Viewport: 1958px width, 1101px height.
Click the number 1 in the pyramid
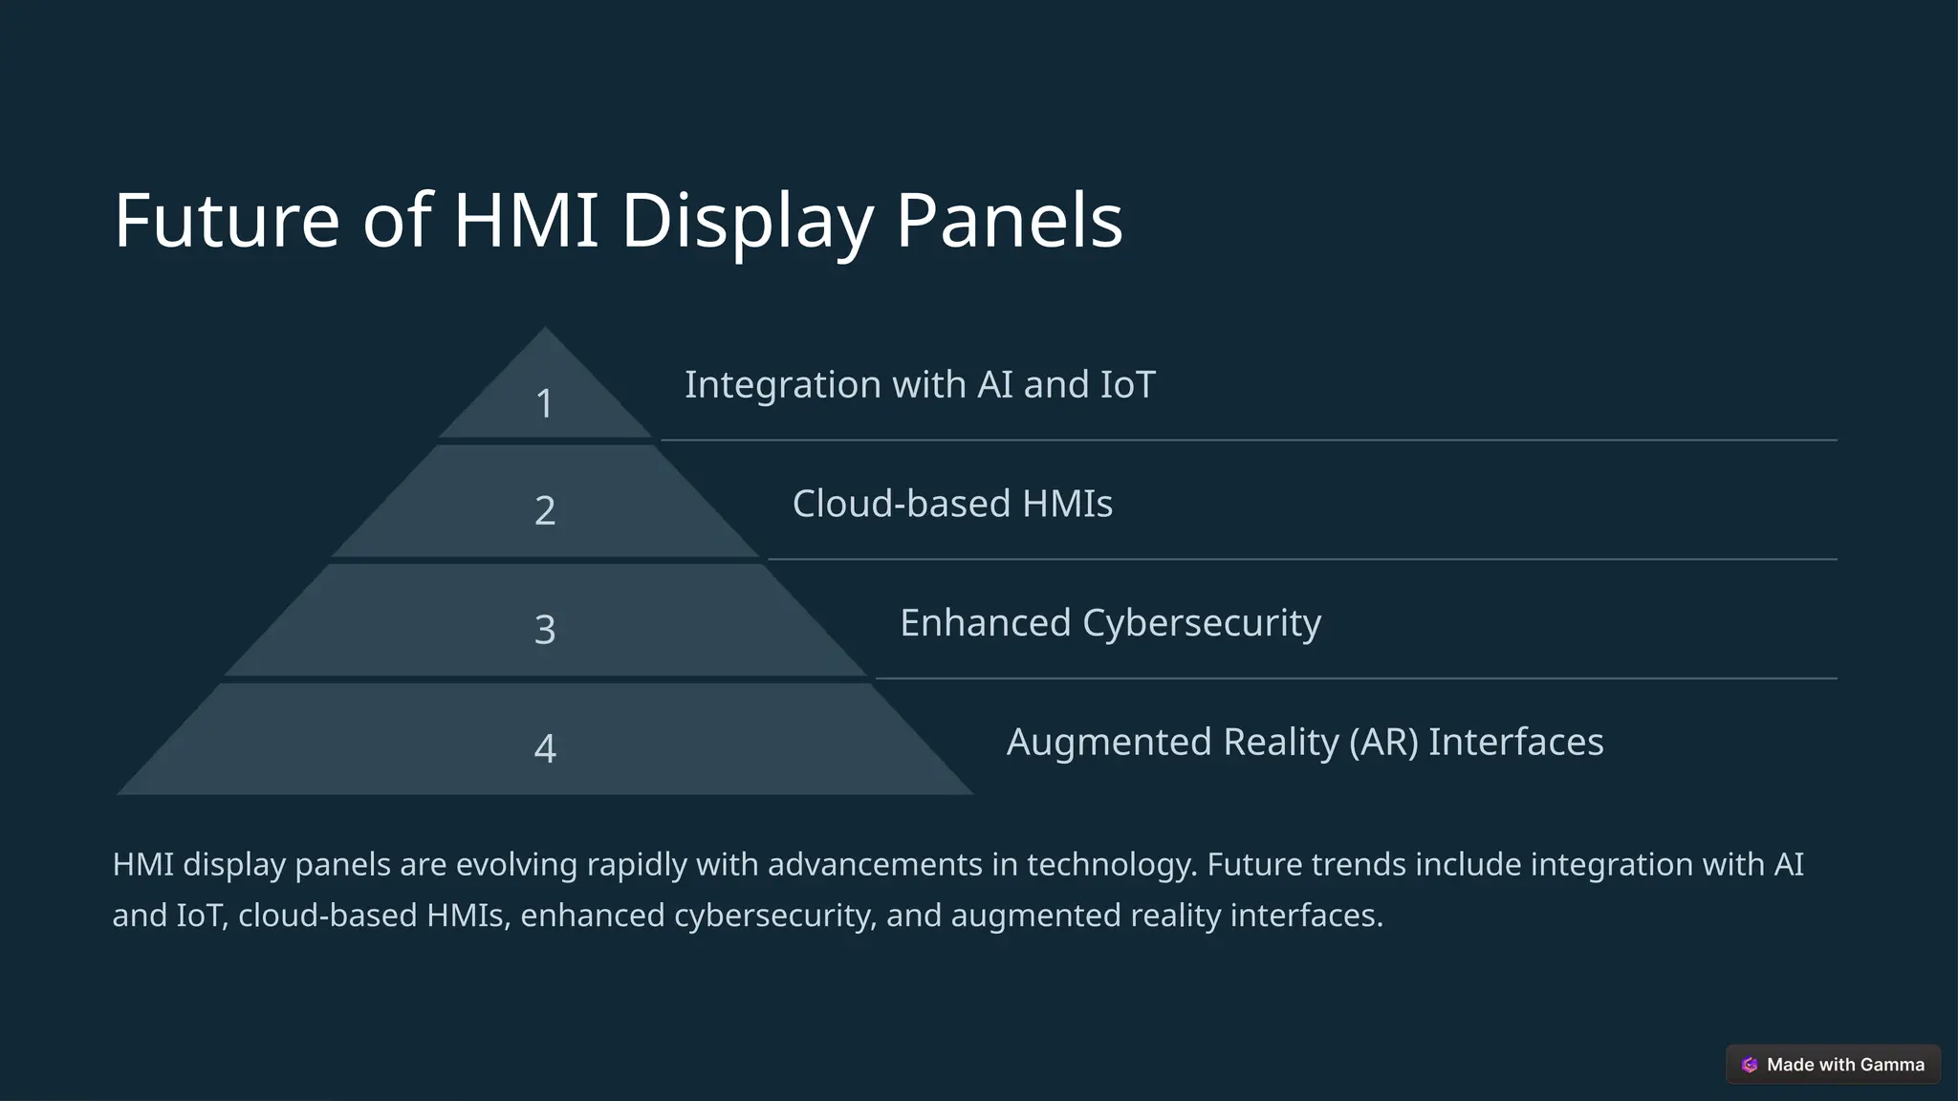(x=544, y=403)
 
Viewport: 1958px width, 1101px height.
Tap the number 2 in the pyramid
(x=545, y=510)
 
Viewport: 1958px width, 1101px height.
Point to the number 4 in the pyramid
(x=545, y=748)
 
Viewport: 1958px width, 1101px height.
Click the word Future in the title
(x=227, y=221)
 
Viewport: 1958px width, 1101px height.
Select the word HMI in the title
(x=525, y=221)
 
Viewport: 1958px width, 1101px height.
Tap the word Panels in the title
(x=1009, y=221)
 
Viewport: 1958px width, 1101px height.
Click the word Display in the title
(x=747, y=221)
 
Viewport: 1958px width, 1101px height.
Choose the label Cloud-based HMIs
(x=952, y=504)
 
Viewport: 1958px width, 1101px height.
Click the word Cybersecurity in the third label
(x=1202, y=623)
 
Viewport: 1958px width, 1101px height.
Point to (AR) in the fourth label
(x=1383, y=742)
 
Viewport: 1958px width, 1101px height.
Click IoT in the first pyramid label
(x=1128, y=385)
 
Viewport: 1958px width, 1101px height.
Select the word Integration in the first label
(x=782, y=385)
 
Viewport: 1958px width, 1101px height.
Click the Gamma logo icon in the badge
(x=1750, y=1065)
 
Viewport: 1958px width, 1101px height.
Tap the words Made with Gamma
(x=1845, y=1065)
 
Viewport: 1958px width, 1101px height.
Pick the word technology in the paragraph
(x=1111, y=865)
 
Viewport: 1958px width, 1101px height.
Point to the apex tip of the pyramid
(x=545, y=331)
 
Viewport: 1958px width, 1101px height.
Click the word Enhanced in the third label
(x=985, y=623)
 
